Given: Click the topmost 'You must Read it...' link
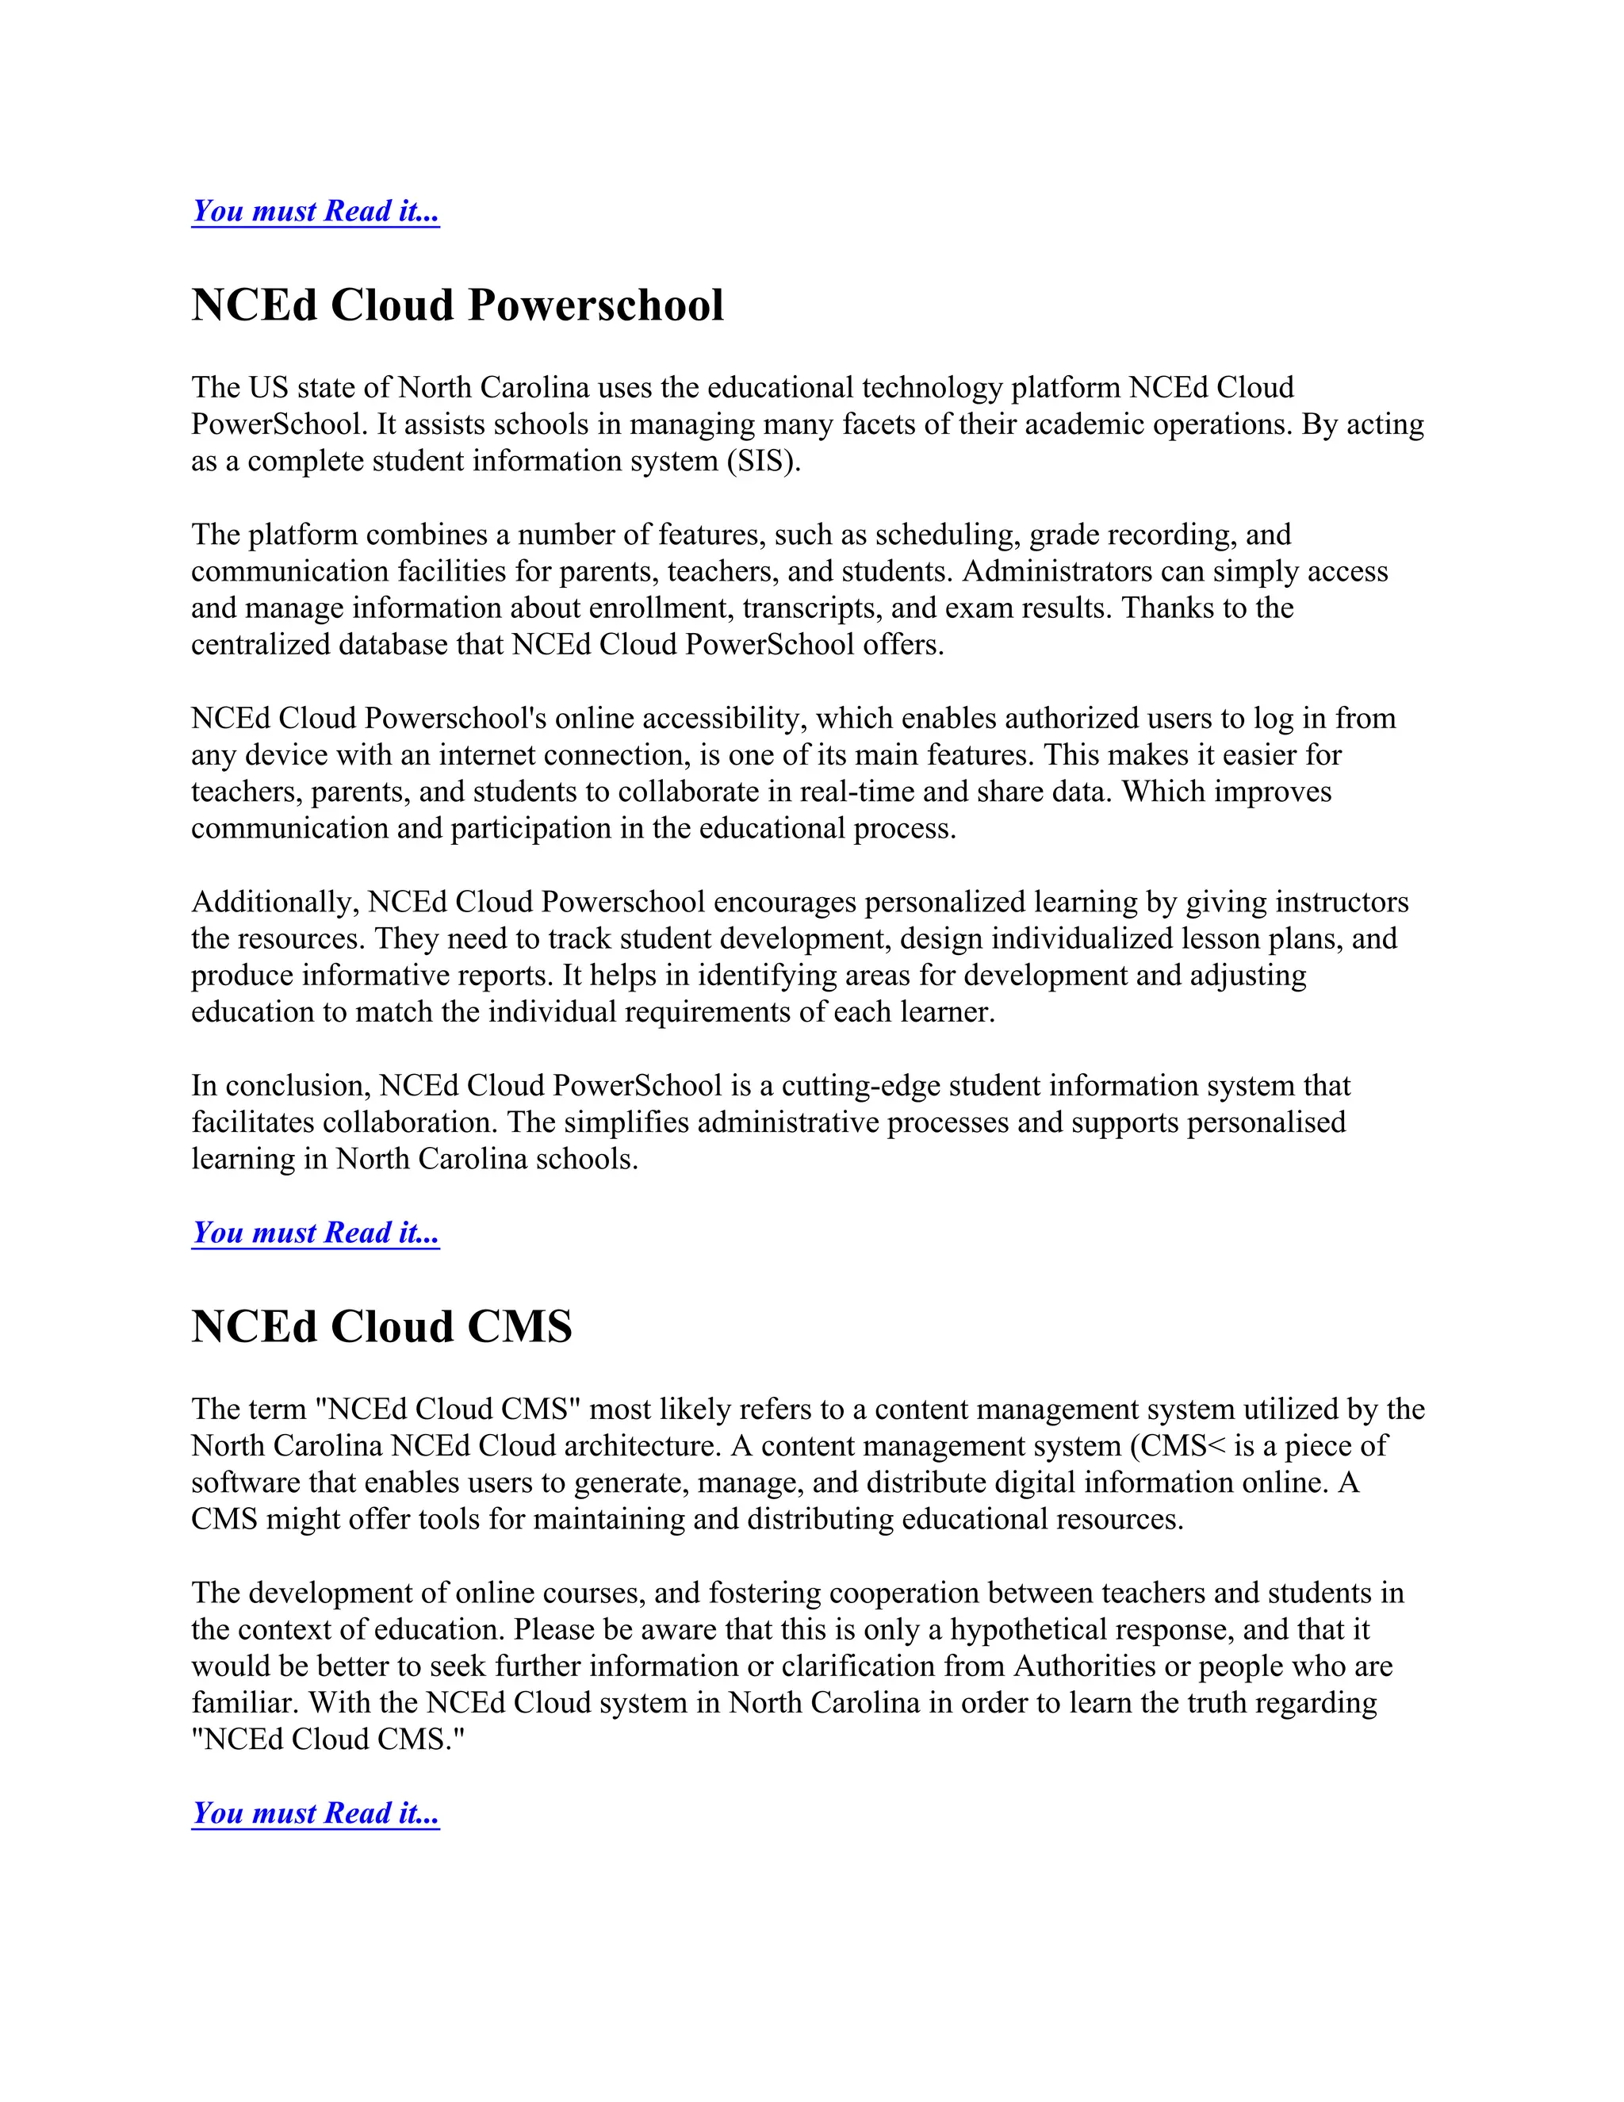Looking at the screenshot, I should point(316,211).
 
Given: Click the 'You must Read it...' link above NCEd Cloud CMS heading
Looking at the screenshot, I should point(316,1232).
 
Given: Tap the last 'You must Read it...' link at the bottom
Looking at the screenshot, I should point(316,1812).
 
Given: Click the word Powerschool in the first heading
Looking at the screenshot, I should point(596,305).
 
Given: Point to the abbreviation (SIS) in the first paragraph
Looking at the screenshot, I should point(762,461).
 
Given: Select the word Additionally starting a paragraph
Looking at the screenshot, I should point(275,902).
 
